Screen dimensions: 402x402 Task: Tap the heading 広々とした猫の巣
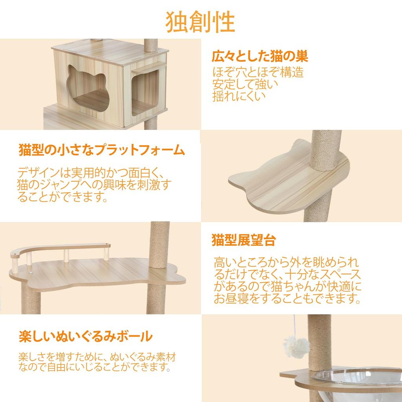pos(259,57)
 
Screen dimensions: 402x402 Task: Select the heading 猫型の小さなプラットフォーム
pos(101,150)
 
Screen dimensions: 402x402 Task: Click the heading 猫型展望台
pos(243,240)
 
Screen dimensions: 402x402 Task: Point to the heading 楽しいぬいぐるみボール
pos(86,337)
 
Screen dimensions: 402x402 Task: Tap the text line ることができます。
pos(63,197)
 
